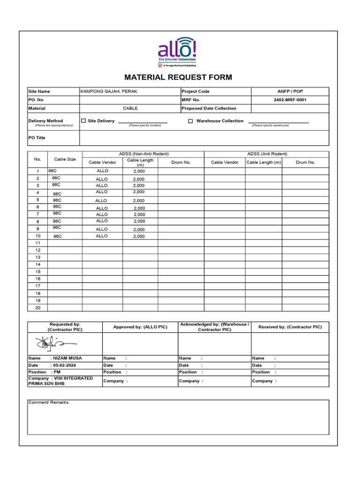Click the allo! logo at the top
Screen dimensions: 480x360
[x=178, y=51]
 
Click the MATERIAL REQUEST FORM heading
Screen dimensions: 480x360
[x=178, y=77]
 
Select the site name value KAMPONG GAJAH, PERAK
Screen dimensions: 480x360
[x=109, y=91]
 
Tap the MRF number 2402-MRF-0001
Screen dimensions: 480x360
[x=290, y=100]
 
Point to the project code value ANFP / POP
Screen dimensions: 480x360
[x=290, y=91]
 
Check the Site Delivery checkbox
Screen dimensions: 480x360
[x=84, y=121]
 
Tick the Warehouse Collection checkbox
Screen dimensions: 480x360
[x=190, y=121]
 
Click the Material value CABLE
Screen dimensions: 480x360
[x=130, y=108]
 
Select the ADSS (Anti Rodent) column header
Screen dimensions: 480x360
[x=267, y=154]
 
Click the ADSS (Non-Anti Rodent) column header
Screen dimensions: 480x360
[x=143, y=154]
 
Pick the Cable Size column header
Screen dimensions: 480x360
[x=65, y=159]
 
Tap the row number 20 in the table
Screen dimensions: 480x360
[x=37, y=307]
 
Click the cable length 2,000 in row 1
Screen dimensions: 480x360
[x=139, y=172]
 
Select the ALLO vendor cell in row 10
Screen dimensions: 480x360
[x=102, y=236]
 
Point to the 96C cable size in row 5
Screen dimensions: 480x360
[x=57, y=200]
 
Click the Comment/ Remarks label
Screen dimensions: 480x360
[x=49, y=402]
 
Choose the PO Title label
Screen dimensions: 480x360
[x=37, y=138]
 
